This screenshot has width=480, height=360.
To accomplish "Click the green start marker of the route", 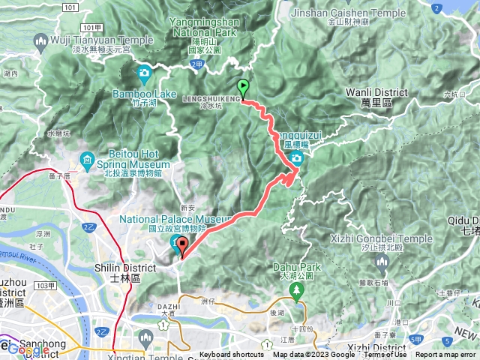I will [242, 87].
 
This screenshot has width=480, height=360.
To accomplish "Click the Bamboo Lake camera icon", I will [144, 73].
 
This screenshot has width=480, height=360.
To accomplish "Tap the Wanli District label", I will [376, 91].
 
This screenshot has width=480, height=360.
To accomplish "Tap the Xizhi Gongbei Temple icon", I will [381, 262].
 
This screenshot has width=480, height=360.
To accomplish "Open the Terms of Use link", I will [385, 355].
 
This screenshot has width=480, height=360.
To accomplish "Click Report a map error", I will [446, 355].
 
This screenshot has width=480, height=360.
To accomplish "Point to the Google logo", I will [28, 349].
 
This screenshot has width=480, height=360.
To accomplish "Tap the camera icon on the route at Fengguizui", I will [297, 158].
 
